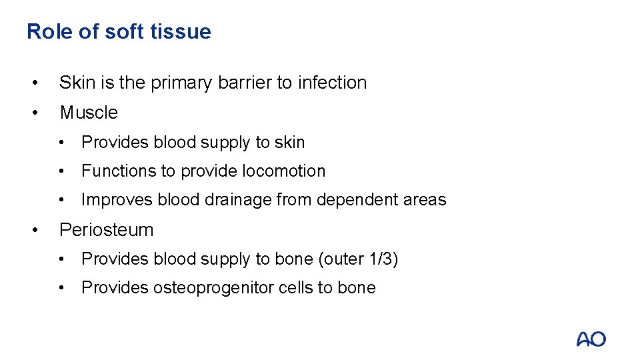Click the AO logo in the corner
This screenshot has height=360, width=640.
[591, 339]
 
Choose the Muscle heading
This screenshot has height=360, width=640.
[89, 113]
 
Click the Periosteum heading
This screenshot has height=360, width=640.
[107, 230]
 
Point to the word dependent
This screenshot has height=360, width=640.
[347, 200]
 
